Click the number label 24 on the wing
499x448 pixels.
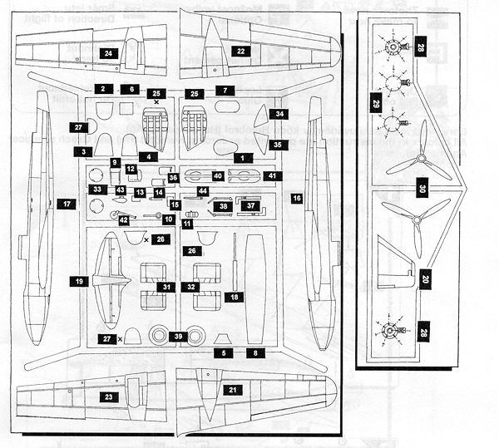tap(108, 52)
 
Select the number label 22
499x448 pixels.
tap(240, 51)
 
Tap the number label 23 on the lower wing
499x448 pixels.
tap(109, 397)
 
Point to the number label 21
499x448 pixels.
tap(233, 390)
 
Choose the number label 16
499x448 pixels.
tap(296, 199)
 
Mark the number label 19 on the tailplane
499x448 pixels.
tap(81, 282)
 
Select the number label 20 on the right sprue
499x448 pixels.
tap(424, 281)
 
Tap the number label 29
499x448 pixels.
tap(375, 105)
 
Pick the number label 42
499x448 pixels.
tap(123, 220)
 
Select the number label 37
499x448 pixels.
tap(251, 205)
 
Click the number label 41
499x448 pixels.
tap(270, 175)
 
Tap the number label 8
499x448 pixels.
tap(250, 352)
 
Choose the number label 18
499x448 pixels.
tap(235, 297)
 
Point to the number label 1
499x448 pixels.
tap(242, 157)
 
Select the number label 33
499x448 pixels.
tap(98, 190)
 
